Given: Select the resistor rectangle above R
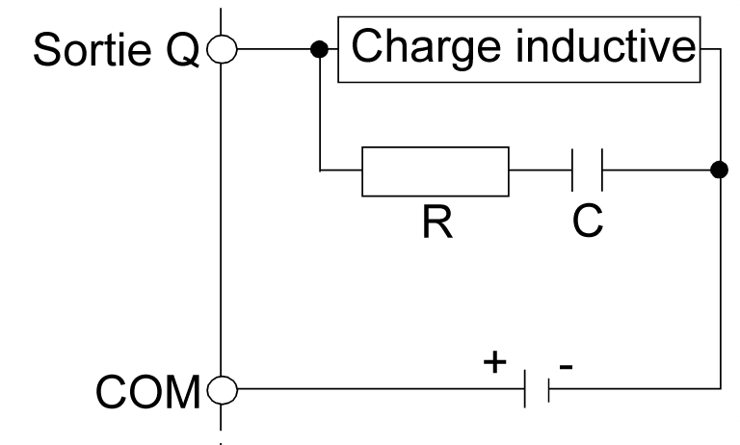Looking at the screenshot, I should [436, 171].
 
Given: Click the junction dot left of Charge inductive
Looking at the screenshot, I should [318, 48].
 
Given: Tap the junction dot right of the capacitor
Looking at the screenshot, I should [718, 171].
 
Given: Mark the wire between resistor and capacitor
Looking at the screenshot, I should [540, 171].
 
